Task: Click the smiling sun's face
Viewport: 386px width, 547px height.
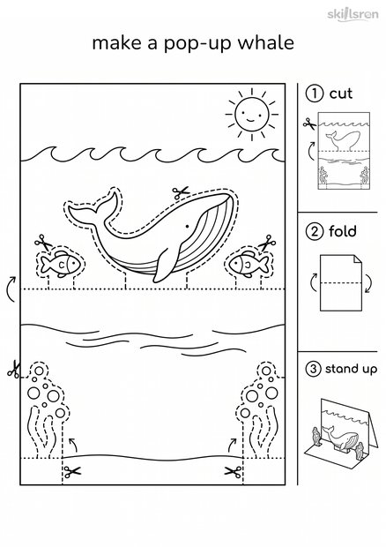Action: point(251,114)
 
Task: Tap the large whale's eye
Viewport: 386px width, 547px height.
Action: point(187,227)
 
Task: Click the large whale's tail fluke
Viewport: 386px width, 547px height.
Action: point(93,209)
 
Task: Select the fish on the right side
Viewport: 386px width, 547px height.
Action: point(249,264)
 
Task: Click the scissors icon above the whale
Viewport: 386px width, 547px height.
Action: point(181,192)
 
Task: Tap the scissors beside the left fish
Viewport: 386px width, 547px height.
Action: point(43,243)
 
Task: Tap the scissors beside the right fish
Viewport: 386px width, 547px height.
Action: point(266,243)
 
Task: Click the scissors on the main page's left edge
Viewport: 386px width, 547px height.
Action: point(14,370)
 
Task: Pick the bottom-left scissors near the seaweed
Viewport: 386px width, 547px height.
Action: point(72,472)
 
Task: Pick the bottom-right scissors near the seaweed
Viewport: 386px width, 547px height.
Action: point(233,472)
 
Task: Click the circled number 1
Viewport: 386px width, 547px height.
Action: point(315,94)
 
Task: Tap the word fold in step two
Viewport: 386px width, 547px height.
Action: point(343,231)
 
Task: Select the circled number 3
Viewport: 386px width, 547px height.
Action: point(313,369)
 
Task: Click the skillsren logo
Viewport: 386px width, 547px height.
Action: point(353,14)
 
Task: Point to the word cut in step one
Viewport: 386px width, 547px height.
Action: point(341,94)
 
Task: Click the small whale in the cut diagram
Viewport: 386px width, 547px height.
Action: point(342,140)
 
